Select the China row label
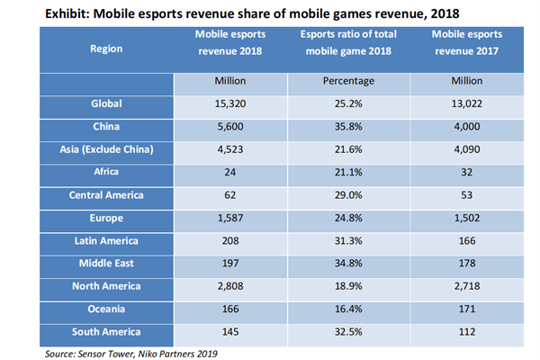tap(107, 128)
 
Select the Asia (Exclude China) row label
tap(107, 151)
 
